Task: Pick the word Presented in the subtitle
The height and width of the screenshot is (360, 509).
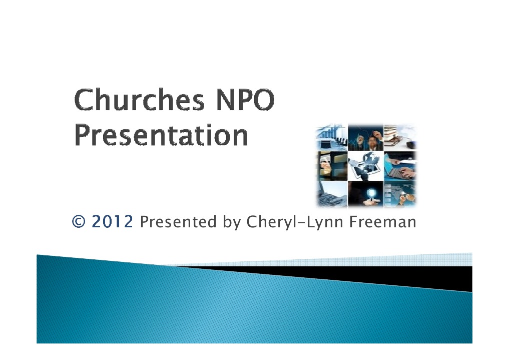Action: [178, 221]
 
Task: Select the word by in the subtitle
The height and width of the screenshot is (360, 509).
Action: [232, 221]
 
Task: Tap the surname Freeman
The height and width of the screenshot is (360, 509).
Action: [384, 221]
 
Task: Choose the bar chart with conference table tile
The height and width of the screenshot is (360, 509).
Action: [331, 137]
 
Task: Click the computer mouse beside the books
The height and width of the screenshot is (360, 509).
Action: [410, 145]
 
